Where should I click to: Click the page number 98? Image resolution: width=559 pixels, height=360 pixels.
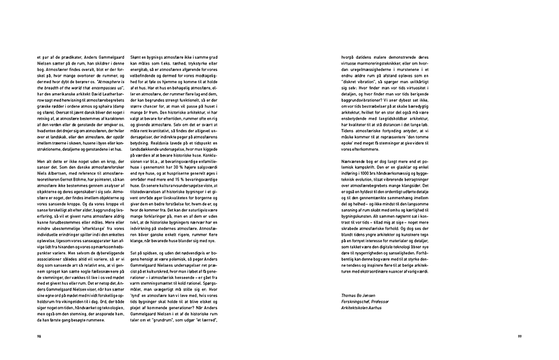pyautogui.click(x=38, y=336)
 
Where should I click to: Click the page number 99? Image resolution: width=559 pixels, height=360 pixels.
pyautogui.click(x=519, y=336)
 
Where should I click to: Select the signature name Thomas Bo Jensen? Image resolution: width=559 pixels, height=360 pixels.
pyautogui.click(x=359, y=295)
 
